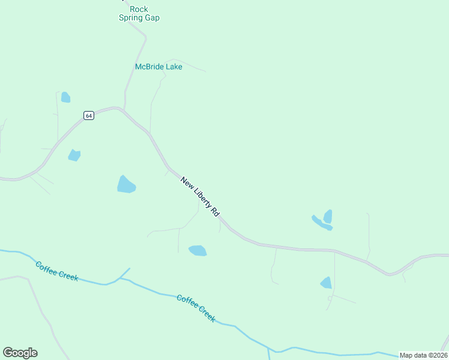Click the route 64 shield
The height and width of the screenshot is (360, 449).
click(x=89, y=115)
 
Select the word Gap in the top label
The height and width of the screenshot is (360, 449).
click(x=151, y=18)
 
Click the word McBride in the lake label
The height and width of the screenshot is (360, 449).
click(x=149, y=67)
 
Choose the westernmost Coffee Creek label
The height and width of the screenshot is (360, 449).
click(x=56, y=271)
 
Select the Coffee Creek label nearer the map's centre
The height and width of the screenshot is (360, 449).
click(x=196, y=308)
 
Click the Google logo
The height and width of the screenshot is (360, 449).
click(x=20, y=353)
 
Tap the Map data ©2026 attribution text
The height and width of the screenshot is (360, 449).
click(x=423, y=355)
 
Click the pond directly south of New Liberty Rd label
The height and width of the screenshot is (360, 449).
click(x=197, y=250)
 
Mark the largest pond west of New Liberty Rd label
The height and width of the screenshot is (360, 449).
click(x=126, y=185)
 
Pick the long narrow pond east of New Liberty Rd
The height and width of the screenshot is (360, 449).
click(x=321, y=223)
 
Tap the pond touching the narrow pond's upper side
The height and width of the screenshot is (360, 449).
click(x=328, y=216)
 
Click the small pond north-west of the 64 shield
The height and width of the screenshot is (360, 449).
click(x=65, y=97)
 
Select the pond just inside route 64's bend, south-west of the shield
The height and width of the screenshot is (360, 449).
click(x=74, y=155)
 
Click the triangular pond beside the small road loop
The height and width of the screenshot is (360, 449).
click(x=326, y=283)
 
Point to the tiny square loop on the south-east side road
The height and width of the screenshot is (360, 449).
click(x=330, y=298)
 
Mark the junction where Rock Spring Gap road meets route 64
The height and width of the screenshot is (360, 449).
click(x=123, y=109)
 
